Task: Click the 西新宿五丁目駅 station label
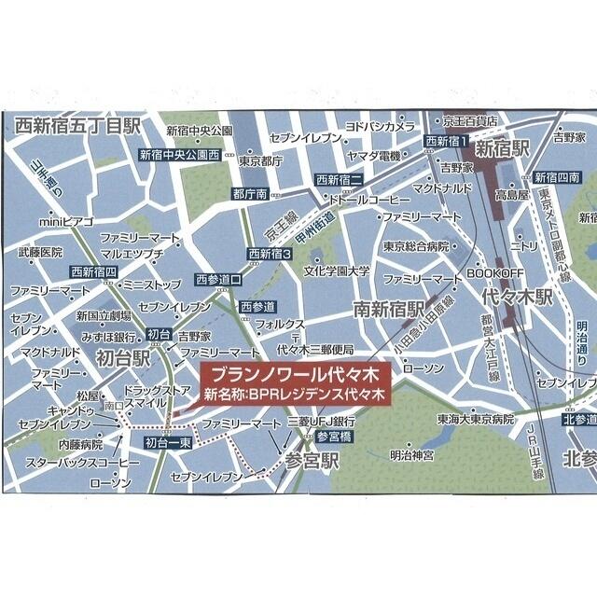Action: coord(76,124)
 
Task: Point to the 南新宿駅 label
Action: coord(388,309)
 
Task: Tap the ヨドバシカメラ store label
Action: coord(379,125)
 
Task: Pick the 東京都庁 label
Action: coord(260,160)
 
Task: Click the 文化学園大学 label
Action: coord(337,271)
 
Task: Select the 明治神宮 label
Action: coord(413,455)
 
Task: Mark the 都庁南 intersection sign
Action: coord(250,194)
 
